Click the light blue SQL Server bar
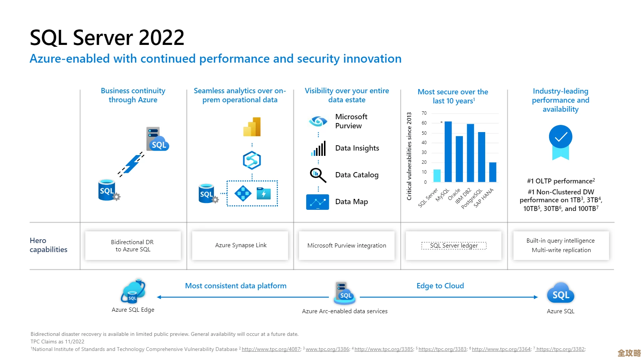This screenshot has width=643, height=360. pyautogui.click(x=437, y=175)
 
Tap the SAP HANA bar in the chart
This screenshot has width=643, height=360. pyautogui.click(x=493, y=172)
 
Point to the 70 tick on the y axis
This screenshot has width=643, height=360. pyautogui.click(x=424, y=113)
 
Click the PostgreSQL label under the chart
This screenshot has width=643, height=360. pyautogui.click(x=472, y=199)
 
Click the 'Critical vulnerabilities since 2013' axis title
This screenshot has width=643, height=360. pyautogui.click(x=409, y=156)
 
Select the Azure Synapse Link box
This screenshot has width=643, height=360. pyautogui.click(x=241, y=245)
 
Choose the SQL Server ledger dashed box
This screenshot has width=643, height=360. pyautogui.click(x=454, y=246)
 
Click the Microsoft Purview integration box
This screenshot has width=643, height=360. pyautogui.click(x=347, y=246)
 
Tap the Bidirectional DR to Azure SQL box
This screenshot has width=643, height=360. pyautogui.click(x=133, y=246)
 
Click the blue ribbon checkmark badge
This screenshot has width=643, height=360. pyautogui.click(x=561, y=141)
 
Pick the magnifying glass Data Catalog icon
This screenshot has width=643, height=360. pyautogui.click(x=318, y=175)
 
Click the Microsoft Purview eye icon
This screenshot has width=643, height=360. pyautogui.click(x=318, y=121)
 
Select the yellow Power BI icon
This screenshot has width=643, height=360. pyautogui.click(x=252, y=127)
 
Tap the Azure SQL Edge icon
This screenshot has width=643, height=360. pyautogui.click(x=133, y=292)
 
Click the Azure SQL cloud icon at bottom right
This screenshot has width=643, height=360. pyautogui.click(x=561, y=294)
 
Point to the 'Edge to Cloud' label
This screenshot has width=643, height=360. pyautogui.click(x=440, y=286)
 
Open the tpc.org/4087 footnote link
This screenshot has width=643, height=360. pyautogui.click(x=271, y=349)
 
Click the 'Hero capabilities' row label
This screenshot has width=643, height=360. pyautogui.click(x=48, y=245)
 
